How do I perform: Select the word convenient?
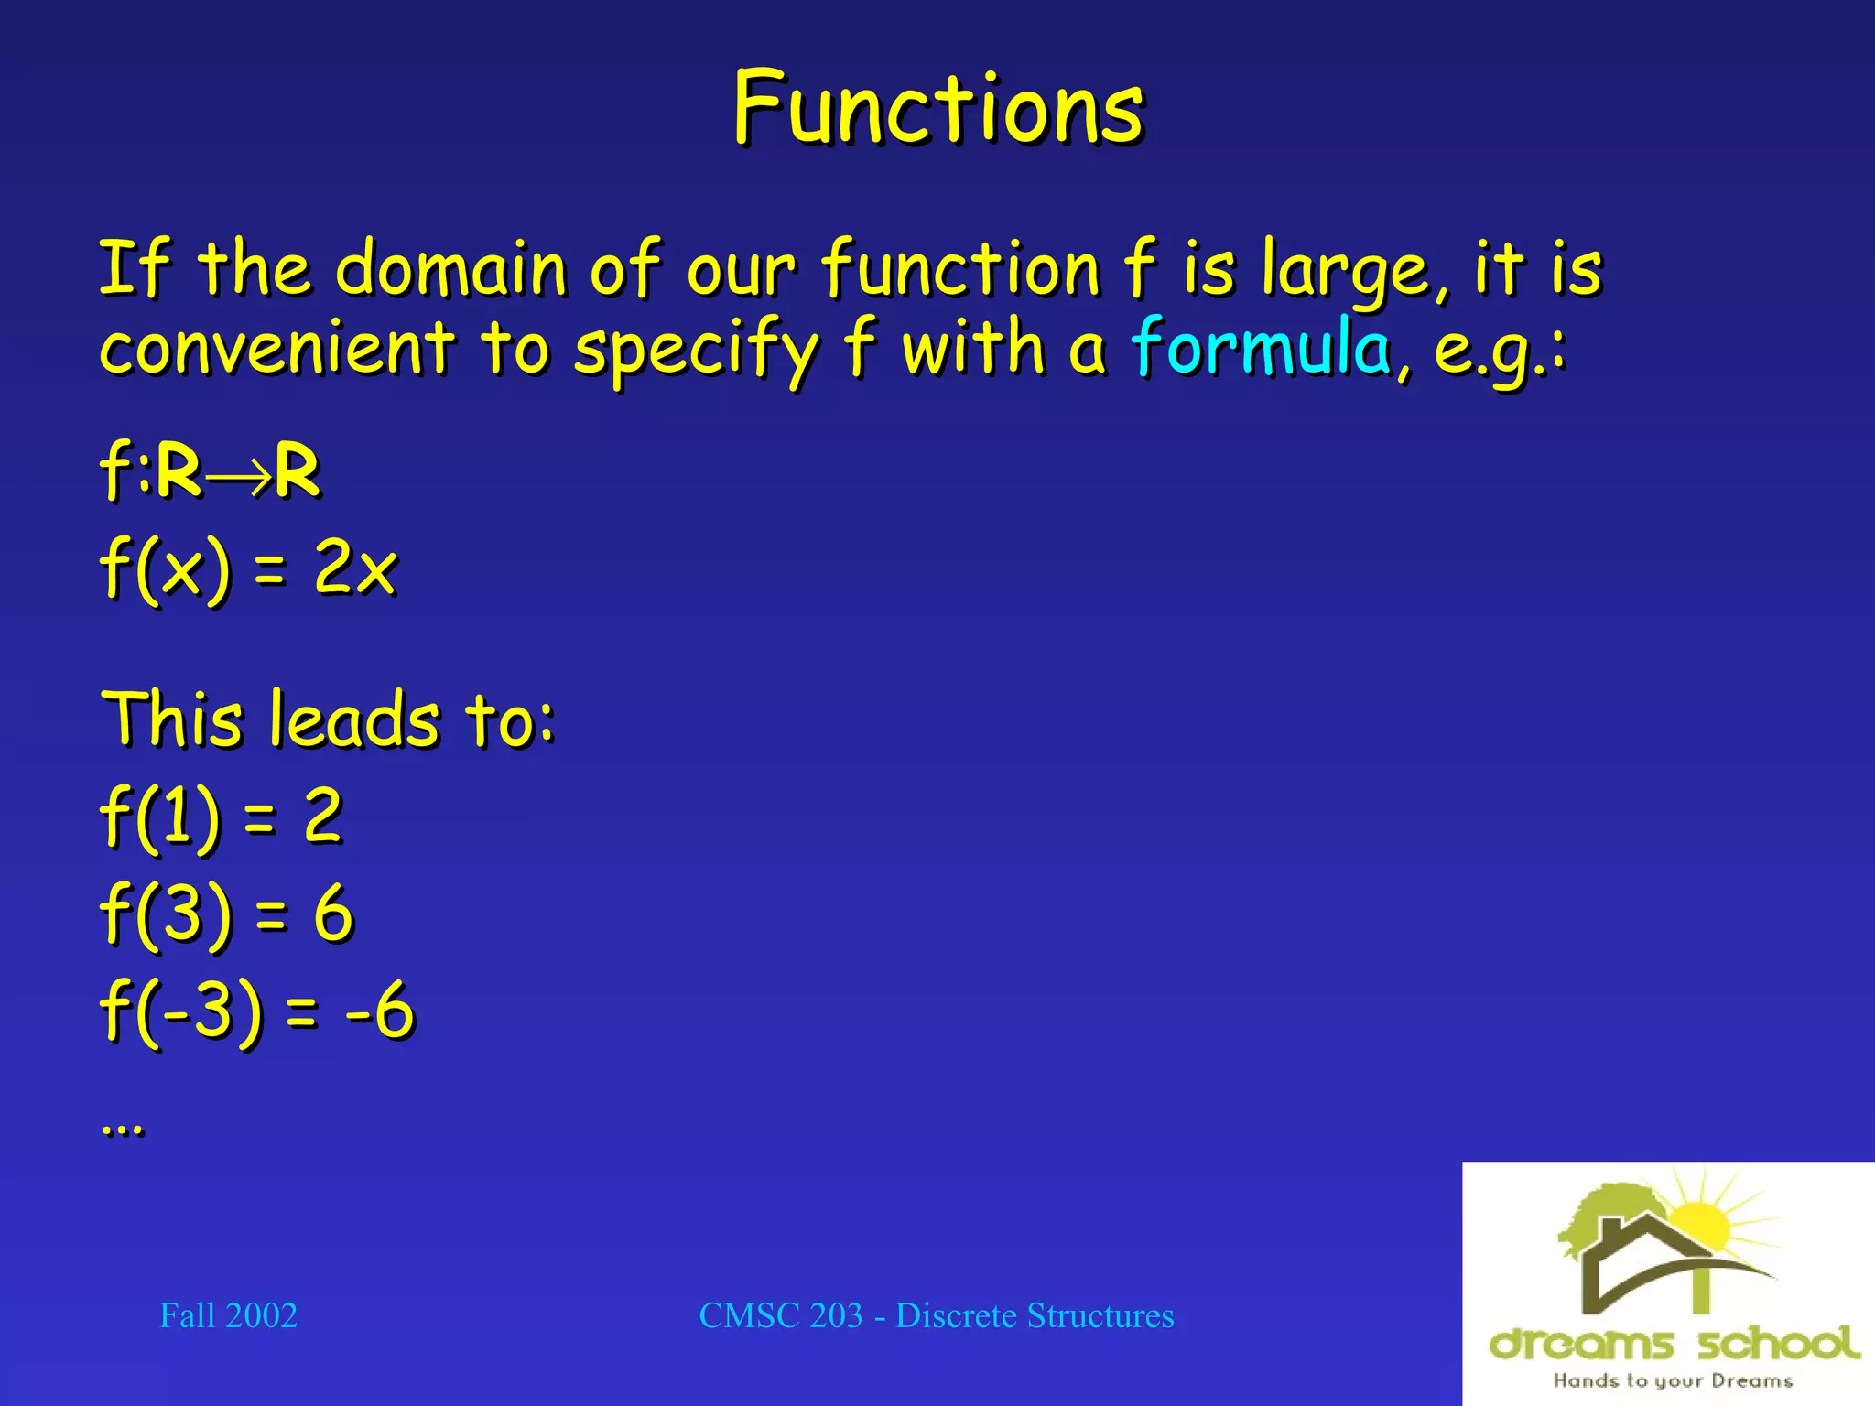coord(276,350)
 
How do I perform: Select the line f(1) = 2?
coord(222,817)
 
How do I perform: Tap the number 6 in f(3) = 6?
coord(332,913)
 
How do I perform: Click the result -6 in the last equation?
coord(380,1011)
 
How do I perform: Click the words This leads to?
coord(328,719)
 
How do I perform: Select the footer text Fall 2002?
coord(228,1316)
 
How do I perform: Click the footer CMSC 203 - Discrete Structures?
coord(936,1316)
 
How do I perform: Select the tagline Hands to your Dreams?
coord(1672,1380)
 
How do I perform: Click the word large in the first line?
coord(1344,270)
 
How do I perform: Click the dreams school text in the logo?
coord(1674,1344)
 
